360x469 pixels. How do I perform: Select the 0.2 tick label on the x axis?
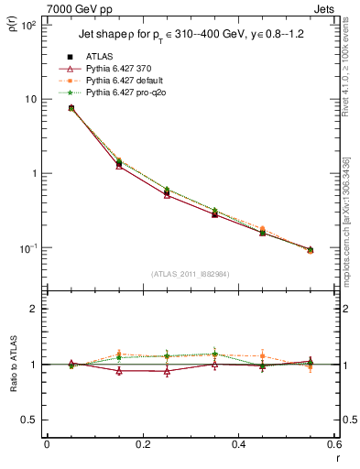[x=142, y=444]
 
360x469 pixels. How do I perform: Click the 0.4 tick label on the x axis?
[x=238, y=444]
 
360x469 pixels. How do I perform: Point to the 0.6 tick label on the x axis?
[x=333, y=444]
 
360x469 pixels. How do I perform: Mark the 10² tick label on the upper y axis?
[x=28, y=25]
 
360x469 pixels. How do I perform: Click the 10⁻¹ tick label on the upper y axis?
[x=28, y=248]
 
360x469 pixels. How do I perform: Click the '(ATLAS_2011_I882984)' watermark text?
[x=189, y=274]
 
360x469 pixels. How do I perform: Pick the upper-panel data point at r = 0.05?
[x=71, y=108]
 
